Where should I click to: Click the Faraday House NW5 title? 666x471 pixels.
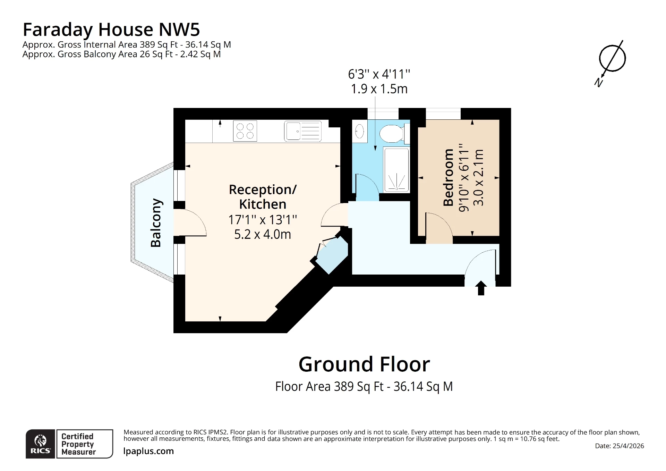click(x=111, y=30)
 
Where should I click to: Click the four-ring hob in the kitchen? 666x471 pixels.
click(x=245, y=131)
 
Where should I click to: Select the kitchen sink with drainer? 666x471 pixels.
click(x=302, y=131)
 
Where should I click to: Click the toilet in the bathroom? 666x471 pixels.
click(x=392, y=133)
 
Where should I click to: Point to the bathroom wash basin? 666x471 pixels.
click(x=359, y=132)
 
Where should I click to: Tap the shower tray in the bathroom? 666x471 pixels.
click(x=396, y=169)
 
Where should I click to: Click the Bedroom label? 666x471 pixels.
click(x=449, y=177)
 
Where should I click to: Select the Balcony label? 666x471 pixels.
click(x=156, y=222)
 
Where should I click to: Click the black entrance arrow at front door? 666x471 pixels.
click(x=481, y=288)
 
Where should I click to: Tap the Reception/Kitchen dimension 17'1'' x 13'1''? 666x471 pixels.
click(x=263, y=220)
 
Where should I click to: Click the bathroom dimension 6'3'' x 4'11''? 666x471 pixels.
click(x=379, y=74)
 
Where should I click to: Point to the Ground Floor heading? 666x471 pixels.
click(x=364, y=364)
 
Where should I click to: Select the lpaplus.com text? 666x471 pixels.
click(x=148, y=451)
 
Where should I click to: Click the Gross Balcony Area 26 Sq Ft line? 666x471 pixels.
click(x=121, y=54)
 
